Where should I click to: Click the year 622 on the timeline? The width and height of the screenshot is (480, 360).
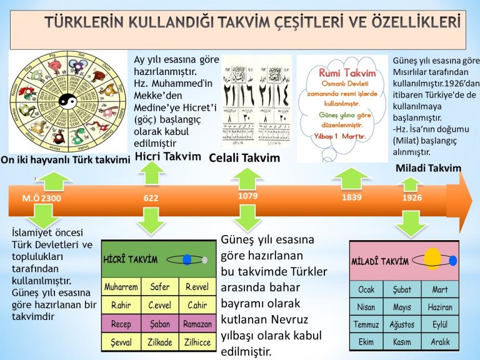click(x=151, y=198)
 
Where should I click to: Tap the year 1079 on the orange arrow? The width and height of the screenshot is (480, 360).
click(x=247, y=196)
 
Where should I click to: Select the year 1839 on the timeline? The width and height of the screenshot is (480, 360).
click(x=352, y=198)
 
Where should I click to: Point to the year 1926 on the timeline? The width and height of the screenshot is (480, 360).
click(x=412, y=197)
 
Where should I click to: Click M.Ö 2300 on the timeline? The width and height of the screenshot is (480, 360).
click(x=42, y=198)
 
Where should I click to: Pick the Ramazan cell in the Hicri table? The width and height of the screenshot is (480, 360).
click(x=197, y=324)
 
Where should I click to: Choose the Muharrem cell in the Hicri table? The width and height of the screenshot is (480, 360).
click(x=121, y=288)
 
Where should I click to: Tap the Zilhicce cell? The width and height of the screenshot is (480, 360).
click(x=197, y=342)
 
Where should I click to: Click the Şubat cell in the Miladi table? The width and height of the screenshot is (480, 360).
click(x=402, y=290)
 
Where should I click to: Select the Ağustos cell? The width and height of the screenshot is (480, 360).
click(x=402, y=325)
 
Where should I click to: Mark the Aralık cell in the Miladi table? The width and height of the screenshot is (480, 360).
click(x=440, y=342)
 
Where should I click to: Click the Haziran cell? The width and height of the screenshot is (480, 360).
click(x=440, y=307)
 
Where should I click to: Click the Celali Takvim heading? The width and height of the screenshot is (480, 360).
click(x=244, y=157)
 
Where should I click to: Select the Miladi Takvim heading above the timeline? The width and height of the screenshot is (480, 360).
click(x=429, y=167)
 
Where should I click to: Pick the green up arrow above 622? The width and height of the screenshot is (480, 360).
click(x=151, y=173)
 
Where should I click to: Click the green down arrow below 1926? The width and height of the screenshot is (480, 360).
click(x=412, y=222)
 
